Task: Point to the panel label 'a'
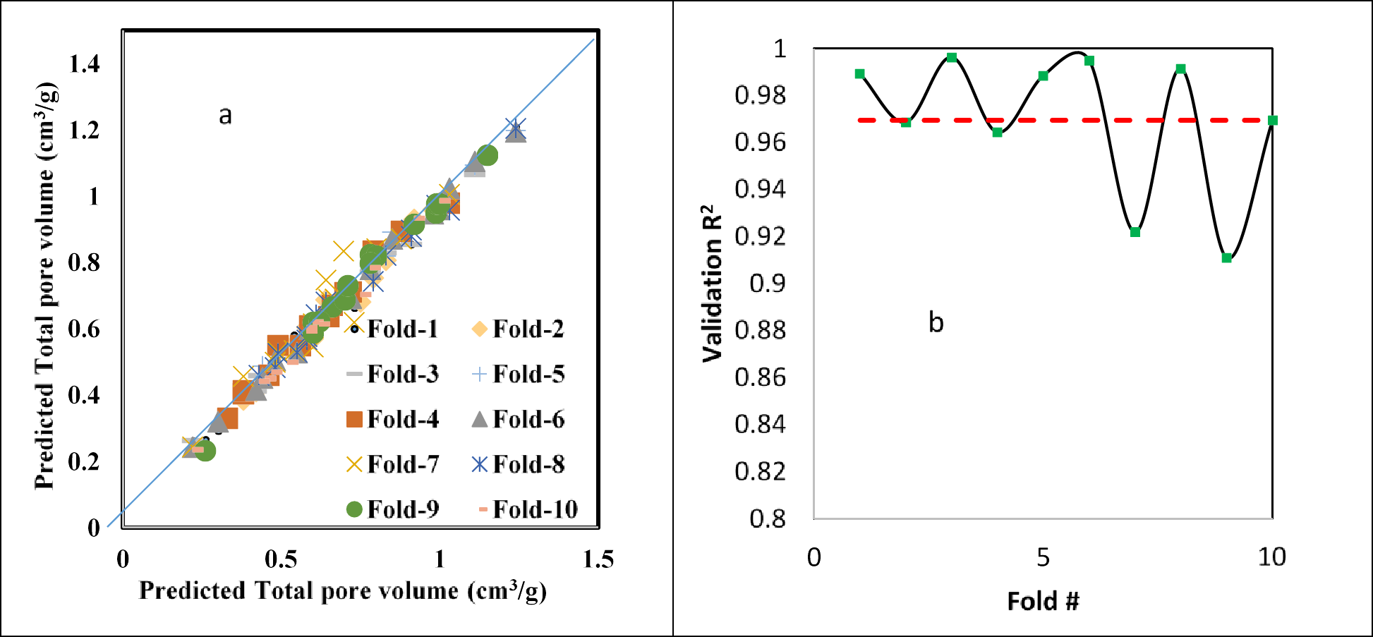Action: [x=225, y=115]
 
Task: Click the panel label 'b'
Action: [x=936, y=322]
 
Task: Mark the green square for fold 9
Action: [x=1226, y=258]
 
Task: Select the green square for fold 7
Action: [x=1135, y=232]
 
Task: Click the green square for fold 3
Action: [x=952, y=58]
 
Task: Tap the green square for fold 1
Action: [x=859, y=74]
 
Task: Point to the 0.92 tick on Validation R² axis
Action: [x=760, y=236]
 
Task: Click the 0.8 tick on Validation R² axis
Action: [x=767, y=519]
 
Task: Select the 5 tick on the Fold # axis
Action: [x=1043, y=557]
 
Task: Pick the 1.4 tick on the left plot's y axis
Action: [x=84, y=64]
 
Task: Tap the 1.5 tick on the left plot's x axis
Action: [x=598, y=559]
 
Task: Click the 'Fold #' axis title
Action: [x=1043, y=601]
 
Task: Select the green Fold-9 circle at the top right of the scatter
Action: [x=488, y=155]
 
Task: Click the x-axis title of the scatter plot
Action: [x=343, y=590]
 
